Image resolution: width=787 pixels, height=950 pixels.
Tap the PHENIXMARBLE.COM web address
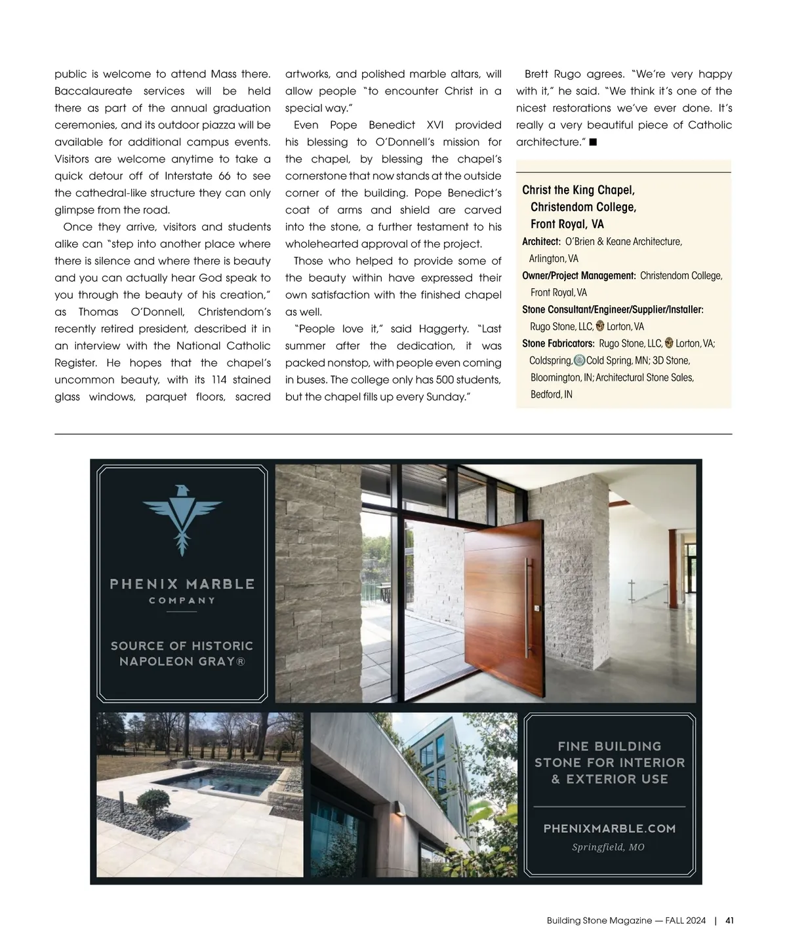click(609, 829)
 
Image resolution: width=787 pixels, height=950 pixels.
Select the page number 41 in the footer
click(729, 921)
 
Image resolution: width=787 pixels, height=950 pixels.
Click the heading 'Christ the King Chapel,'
click(578, 190)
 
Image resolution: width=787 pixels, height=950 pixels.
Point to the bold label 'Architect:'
click(541, 242)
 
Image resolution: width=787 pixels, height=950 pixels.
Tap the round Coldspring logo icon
click(579, 360)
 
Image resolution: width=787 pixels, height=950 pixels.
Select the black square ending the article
click(593, 142)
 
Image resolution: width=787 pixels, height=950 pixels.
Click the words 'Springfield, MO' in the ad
click(608, 847)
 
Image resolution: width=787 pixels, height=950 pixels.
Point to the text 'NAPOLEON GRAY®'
click(182, 662)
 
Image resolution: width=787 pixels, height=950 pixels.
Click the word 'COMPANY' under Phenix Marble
click(182, 600)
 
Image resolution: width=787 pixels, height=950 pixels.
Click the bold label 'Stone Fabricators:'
click(558, 343)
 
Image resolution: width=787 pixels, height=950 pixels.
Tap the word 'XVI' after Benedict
click(435, 124)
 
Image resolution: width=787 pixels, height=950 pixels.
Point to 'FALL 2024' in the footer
click(685, 921)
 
